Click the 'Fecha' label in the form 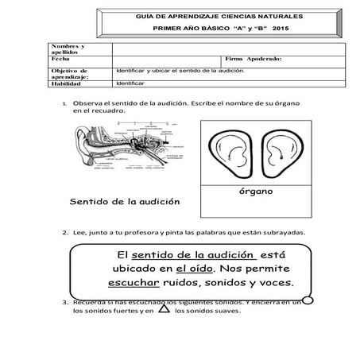[59, 60]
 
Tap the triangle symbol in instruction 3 [163, 309]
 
